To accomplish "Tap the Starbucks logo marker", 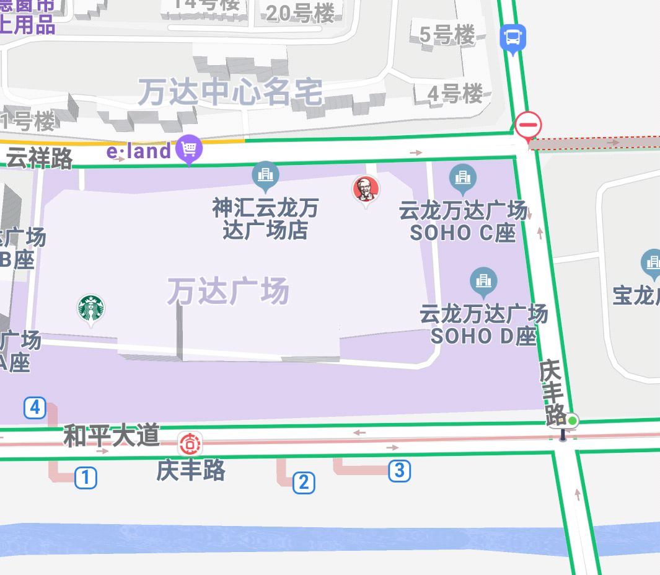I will [x=90, y=308].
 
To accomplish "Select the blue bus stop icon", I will [x=513, y=38].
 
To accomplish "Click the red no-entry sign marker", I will [x=528, y=125].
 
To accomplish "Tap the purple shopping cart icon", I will [x=189, y=149].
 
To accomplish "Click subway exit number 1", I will [x=86, y=478].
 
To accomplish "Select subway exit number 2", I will [x=303, y=482].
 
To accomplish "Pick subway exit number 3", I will [x=399, y=470].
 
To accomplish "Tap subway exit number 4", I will [x=35, y=408].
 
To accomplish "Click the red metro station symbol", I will [x=190, y=444].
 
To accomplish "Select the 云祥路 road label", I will [x=39, y=158].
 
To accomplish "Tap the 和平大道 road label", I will [x=112, y=436].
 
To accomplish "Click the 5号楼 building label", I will [x=447, y=35].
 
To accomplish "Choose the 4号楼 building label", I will [x=455, y=94].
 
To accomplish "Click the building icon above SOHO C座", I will [x=462, y=177].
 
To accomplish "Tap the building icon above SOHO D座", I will [x=483, y=281].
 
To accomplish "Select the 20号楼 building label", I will [x=300, y=13].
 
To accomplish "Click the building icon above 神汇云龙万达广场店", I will [x=265, y=174].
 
